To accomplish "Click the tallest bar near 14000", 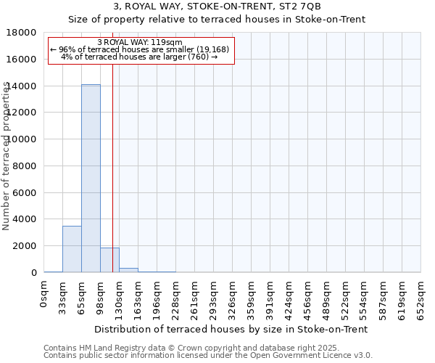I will pos(91,178).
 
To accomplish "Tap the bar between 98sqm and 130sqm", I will pos(109,260).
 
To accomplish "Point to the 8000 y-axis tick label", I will pos(24,166).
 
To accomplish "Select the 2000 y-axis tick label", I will pos(24,246).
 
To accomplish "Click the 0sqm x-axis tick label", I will pos(44,296).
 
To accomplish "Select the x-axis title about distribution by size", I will pos(233,329).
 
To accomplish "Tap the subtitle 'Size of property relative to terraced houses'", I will pos(217,20).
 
